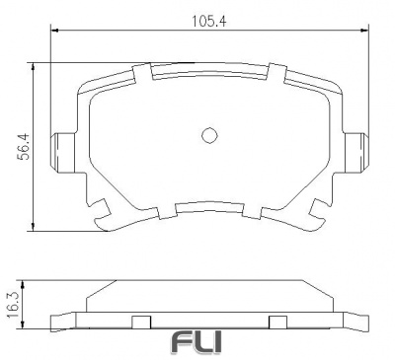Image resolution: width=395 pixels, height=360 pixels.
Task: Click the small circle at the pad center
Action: coord(208,136)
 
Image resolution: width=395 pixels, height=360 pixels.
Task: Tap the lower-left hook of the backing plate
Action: coord(101,210)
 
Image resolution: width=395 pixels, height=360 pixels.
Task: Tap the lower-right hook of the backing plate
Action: coord(318,210)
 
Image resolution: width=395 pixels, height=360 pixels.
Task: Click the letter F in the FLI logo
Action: coord(183,342)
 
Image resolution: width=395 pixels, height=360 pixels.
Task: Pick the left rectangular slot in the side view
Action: coord(140,321)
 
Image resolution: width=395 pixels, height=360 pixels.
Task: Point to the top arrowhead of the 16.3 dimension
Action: coord(36,280)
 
